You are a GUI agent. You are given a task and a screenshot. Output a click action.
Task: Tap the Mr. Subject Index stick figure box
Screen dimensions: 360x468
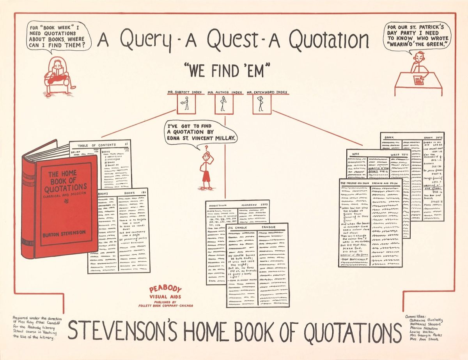(186, 104)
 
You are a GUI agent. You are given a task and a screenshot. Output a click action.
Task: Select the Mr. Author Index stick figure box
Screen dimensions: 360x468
(224, 104)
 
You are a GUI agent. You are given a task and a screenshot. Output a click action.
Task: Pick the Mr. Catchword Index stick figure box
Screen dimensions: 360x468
(262, 104)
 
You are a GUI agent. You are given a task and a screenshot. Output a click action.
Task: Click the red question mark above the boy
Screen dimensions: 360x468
(206, 148)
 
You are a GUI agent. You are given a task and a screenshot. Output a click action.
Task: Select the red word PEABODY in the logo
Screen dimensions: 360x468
(165, 289)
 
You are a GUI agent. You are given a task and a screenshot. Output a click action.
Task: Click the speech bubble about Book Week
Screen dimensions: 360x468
(58, 36)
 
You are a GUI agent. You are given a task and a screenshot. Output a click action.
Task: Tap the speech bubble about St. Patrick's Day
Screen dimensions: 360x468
(417, 36)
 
